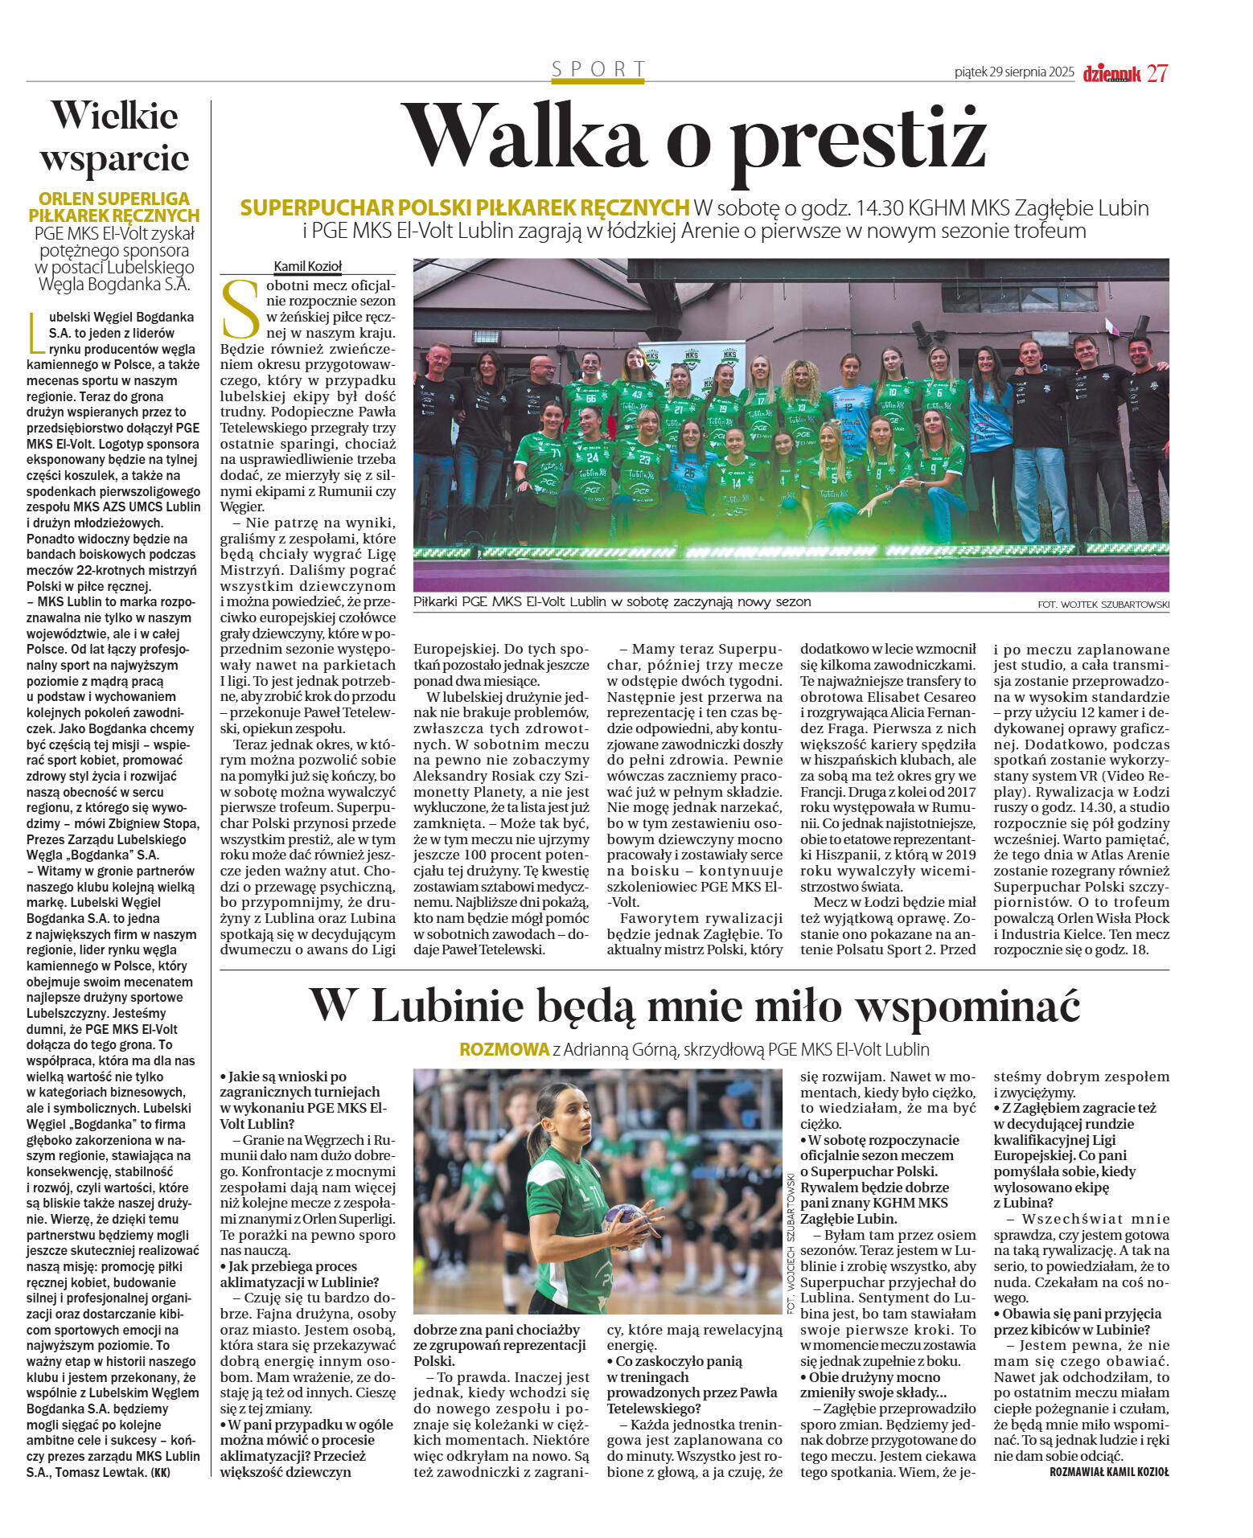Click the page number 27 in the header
pyautogui.click(x=1157, y=73)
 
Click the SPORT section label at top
pyautogui.click(x=598, y=69)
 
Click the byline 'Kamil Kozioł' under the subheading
pyautogui.click(x=308, y=266)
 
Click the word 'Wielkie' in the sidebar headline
pyautogui.click(x=114, y=116)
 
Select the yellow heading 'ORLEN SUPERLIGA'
pyautogui.click(x=114, y=199)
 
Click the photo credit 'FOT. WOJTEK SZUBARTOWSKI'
pyautogui.click(x=1103, y=605)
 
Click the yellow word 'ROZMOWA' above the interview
pyautogui.click(x=503, y=1049)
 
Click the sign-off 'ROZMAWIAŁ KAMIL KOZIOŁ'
pyautogui.click(x=1109, y=1472)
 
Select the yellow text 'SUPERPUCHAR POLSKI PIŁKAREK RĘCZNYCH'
pyautogui.click(x=464, y=208)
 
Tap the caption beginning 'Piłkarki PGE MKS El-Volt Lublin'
pyautogui.click(x=612, y=601)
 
